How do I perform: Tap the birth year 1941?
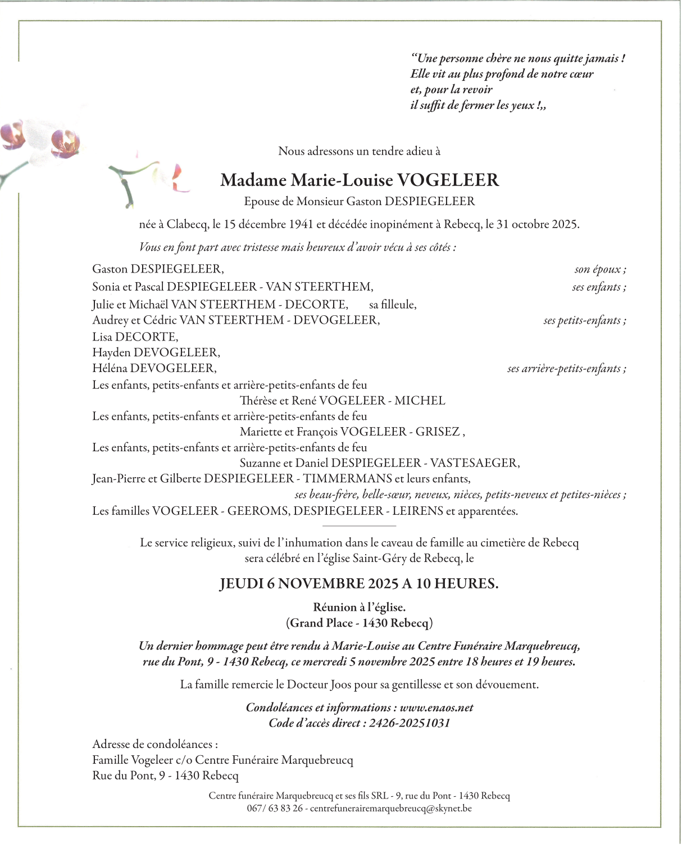(301, 224)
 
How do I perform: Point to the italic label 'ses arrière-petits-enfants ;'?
(566, 369)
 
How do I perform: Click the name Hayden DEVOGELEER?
(156, 352)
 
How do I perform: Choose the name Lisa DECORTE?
(135, 337)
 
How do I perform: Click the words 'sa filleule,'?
(393, 305)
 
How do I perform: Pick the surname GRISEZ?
(438, 432)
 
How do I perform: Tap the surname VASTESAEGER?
(474, 463)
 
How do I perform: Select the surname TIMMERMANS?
(347, 479)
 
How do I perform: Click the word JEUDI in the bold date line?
(242, 583)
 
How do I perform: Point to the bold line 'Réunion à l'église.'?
(359, 607)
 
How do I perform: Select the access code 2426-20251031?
(410, 723)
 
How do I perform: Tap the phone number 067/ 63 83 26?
(275, 809)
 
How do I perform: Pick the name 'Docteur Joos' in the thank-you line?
(319, 684)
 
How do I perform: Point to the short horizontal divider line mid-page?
(360, 526)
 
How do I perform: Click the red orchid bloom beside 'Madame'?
(177, 177)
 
